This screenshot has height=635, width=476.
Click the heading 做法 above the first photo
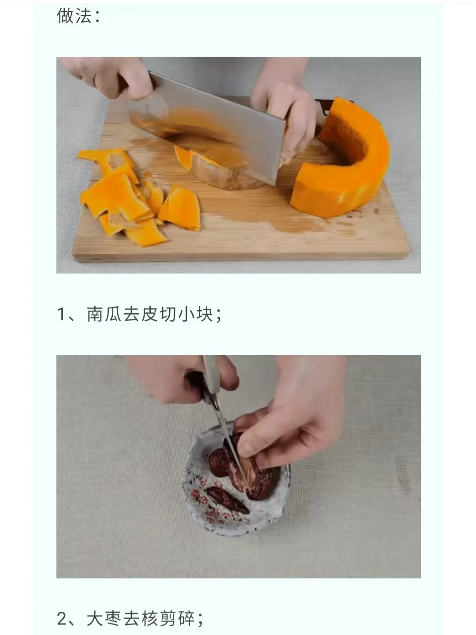coord(74,15)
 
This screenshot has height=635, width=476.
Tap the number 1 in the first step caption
coord(61,314)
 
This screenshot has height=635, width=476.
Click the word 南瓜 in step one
coord(104,314)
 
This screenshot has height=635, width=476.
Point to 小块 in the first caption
coord(195,314)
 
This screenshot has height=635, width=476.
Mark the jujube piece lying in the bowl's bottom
coord(228,500)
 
